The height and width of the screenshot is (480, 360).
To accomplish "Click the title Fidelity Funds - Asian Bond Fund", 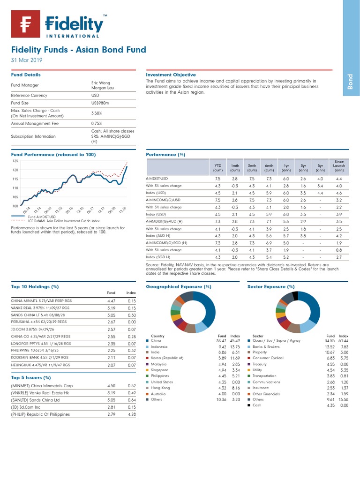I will (78, 50).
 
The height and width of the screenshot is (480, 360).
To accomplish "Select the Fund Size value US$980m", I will (100, 103).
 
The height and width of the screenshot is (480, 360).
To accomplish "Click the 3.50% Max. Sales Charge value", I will (97, 113).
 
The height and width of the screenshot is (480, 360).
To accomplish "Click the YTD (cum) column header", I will (217, 168).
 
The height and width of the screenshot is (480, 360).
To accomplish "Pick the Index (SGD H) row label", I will (158, 257).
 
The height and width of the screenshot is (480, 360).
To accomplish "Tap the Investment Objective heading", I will (171, 75).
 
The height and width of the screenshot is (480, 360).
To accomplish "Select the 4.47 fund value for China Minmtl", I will (112, 301).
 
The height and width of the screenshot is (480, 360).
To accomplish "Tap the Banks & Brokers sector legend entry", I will (266, 346).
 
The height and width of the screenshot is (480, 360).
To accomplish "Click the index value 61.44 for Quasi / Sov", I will (343, 340).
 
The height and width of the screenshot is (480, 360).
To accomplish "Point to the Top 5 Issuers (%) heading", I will (31, 377).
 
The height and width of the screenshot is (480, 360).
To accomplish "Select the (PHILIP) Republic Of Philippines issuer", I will (40, 414).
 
